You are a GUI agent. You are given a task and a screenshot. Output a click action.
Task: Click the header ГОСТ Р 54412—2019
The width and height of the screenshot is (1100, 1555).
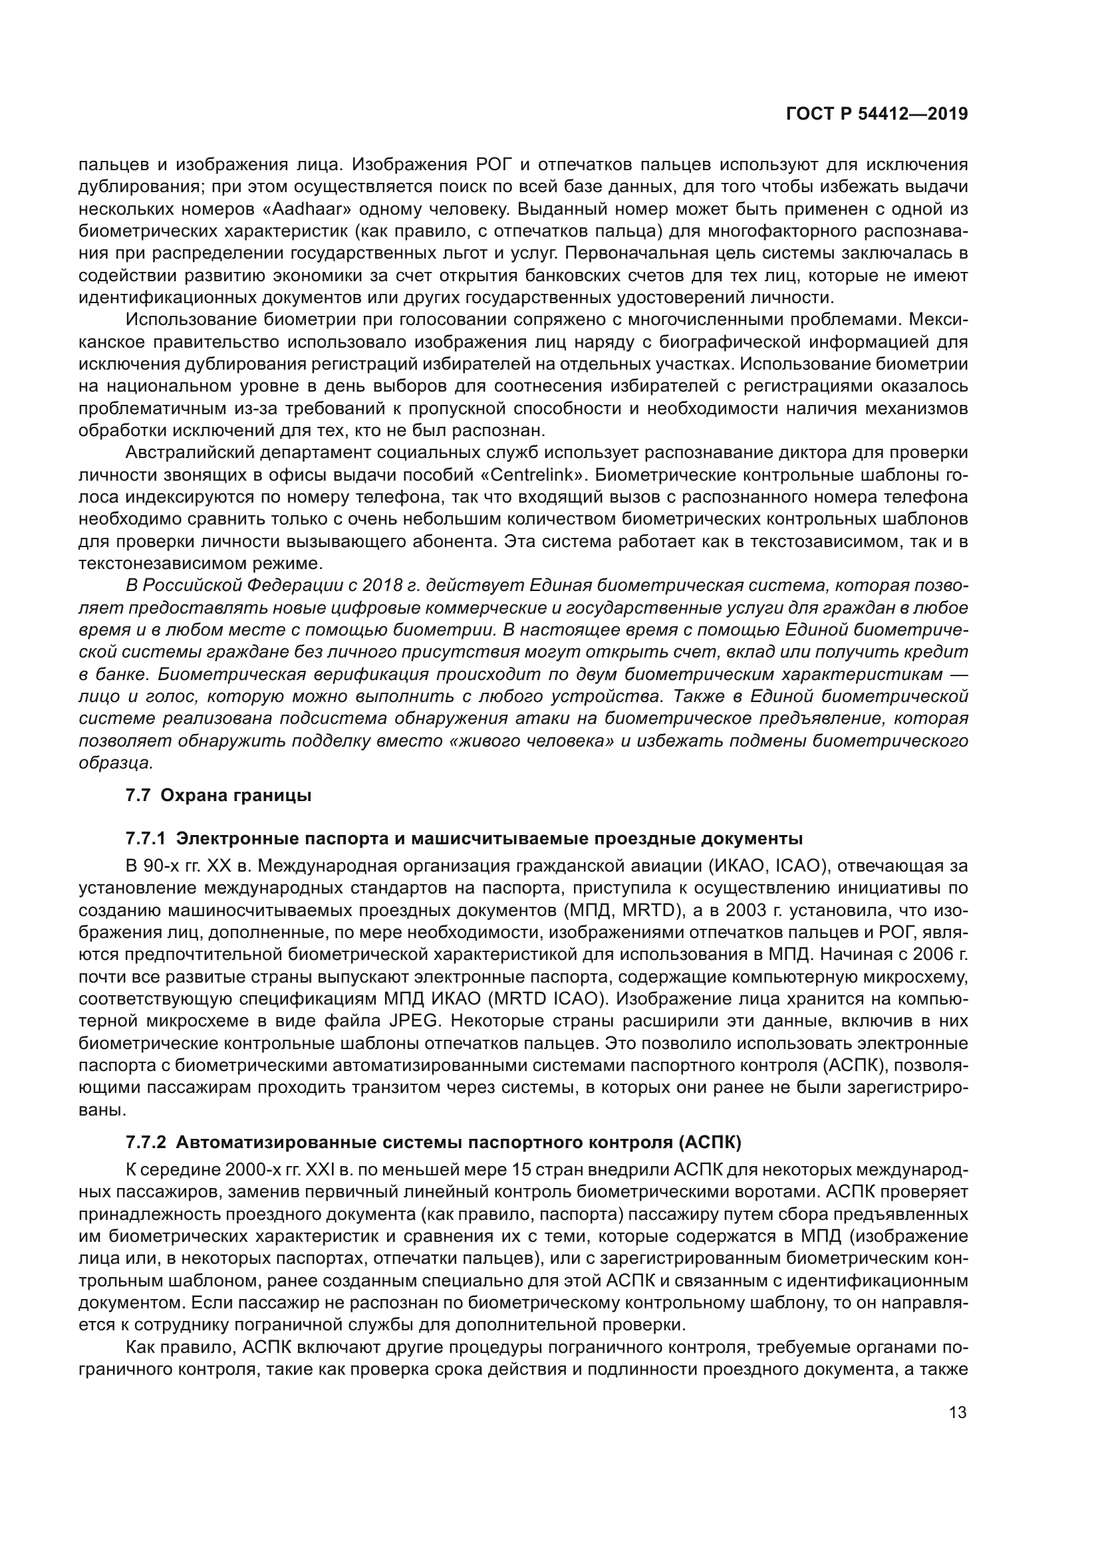pos(877,114)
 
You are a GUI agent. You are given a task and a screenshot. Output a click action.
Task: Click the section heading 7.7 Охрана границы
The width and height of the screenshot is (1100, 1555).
pos(218,796)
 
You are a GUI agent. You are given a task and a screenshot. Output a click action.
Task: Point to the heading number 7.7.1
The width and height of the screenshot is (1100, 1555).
pos(146,839)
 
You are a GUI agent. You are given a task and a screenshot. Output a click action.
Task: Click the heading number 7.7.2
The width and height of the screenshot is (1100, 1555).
pos(146,1143)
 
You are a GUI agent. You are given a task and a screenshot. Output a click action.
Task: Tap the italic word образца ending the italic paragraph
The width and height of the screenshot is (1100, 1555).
pos(115,763)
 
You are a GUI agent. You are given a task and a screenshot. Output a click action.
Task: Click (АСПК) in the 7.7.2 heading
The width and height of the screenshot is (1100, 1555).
pos(708,1143)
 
